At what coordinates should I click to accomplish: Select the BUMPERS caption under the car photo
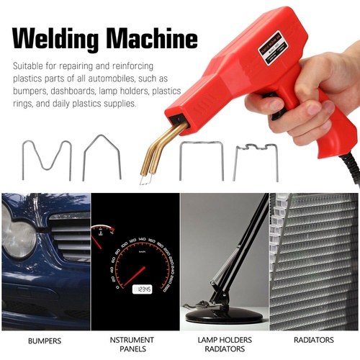coord(45,340)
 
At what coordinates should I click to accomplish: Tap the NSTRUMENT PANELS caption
coord(135,344)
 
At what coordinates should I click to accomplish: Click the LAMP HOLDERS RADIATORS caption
coord(224,344)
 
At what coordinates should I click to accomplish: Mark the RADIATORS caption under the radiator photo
coord(313,340)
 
